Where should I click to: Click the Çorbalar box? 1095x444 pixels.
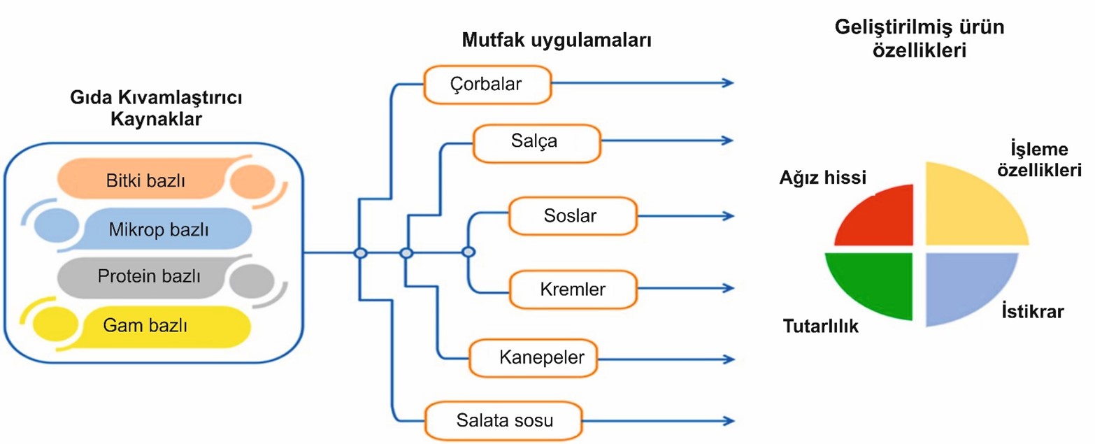click(487, 85)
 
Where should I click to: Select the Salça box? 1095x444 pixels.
click(536, 142)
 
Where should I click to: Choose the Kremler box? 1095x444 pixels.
click(573, 288)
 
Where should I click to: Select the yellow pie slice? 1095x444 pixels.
click(968, 206)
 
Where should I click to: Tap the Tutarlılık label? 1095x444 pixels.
click(820, 326)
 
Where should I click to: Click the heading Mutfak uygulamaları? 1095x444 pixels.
click(557, 40)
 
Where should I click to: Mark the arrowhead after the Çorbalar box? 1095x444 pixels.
click(729, 83)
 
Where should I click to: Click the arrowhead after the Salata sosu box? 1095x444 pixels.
click(729, 421)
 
